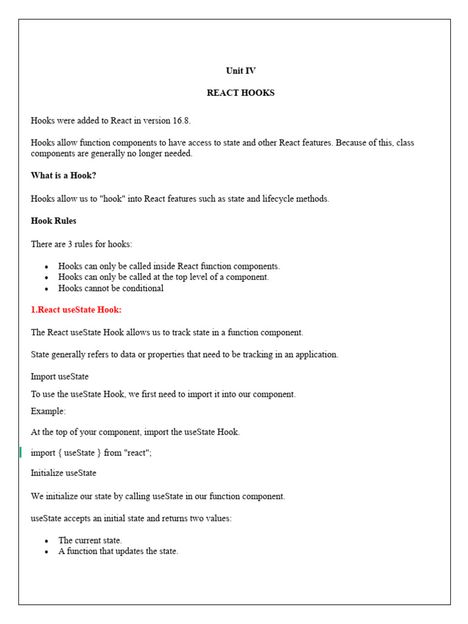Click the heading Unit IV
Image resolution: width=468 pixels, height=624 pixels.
click(x=241, y=71)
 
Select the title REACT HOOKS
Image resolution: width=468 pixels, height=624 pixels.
click(x=241, y=93)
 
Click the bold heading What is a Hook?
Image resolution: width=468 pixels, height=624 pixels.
click(x=63, y=175)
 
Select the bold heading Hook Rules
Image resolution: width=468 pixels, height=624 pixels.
click(x=54, y=221)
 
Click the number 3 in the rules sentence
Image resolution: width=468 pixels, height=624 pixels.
click(x=71, y=244)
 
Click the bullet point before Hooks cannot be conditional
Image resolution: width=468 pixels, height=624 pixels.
click(x=47, y=289)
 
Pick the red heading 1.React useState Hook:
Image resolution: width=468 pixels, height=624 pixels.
click(x=76, y=310)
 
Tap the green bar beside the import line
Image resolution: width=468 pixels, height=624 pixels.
click(x=20, y=452)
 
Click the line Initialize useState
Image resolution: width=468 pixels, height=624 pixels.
click(x=63, y=473)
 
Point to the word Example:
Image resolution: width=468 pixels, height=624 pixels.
click(x=48, y=411)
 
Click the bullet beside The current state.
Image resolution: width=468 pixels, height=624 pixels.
click(x=47, y=541)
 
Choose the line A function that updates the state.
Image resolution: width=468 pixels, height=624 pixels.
click(x=118, y=551)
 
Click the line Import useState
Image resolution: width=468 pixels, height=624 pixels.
click(x=60, y=377)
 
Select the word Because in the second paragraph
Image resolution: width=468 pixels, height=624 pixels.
click(x=336, y=143)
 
